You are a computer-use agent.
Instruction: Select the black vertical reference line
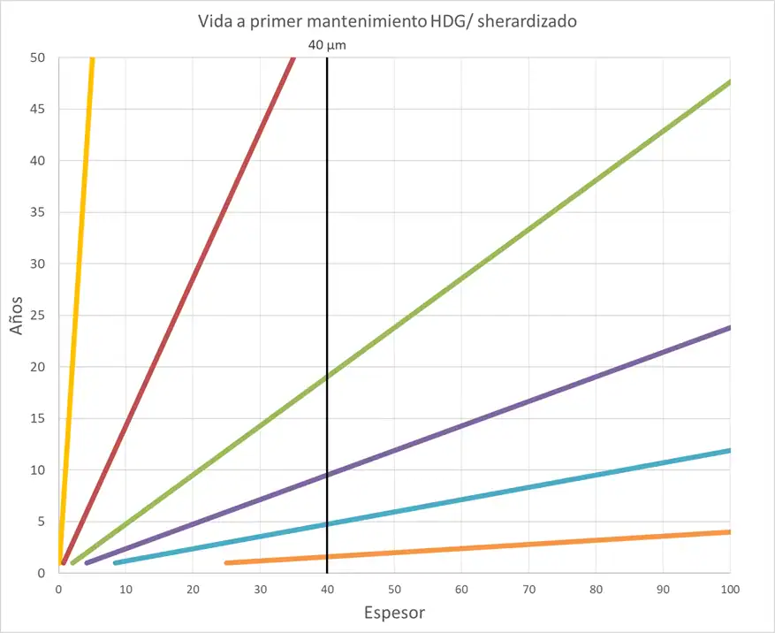[327, 265]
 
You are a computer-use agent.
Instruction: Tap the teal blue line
[530, 500]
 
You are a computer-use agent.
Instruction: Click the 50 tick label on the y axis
[39, 57]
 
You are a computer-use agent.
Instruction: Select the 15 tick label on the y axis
[39, 418]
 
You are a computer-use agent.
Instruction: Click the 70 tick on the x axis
[528, 589]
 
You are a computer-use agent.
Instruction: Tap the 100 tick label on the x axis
[729, 589]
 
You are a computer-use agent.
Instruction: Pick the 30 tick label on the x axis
[260, 589]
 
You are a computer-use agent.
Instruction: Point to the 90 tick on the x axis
[663, 589]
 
